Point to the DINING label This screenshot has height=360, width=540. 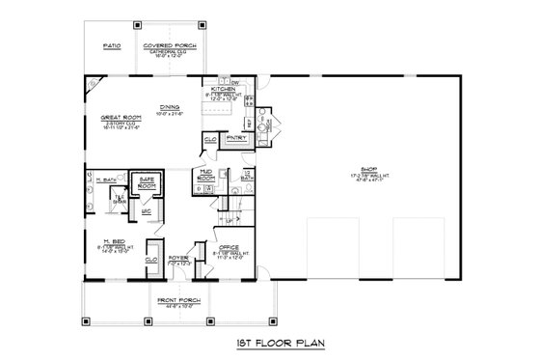point(173,108)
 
